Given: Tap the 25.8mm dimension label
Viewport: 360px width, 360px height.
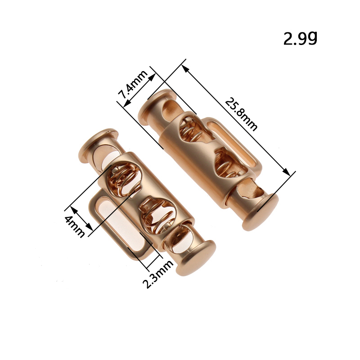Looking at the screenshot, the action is click(241, 114).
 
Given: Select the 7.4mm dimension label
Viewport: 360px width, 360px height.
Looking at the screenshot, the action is click(133, 84).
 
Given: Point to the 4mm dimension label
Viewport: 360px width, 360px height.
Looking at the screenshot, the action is click(74, 226).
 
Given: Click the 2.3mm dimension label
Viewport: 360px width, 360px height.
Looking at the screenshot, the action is click(158, 274).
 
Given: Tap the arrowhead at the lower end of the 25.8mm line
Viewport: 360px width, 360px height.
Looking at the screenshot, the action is click(286, 172).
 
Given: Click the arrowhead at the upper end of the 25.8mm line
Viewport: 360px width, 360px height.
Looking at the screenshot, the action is click(185, 68).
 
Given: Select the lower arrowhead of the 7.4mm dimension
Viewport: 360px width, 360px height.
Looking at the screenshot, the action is click(127, 104).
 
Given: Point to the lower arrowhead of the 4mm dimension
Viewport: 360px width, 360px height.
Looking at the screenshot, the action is click(89, 227).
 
